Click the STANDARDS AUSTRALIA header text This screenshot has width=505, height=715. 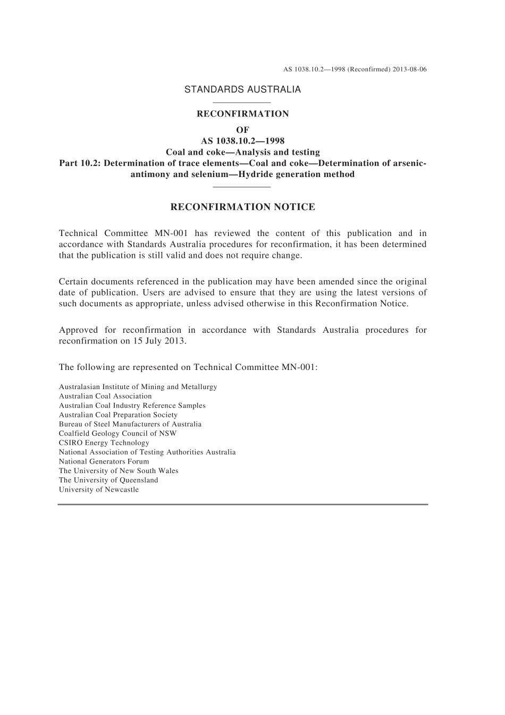coord(242,90)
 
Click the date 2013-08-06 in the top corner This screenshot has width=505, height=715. coord(410,70)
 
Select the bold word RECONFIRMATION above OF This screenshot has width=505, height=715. coord(242,114)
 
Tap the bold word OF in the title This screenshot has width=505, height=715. coord(242,130)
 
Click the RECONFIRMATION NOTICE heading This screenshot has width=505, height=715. coord(242,207)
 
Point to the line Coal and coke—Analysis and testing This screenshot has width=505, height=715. coord(242,152)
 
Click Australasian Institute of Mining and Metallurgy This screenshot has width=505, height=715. coord(138,387)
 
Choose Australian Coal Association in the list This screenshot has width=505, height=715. coord(105,396)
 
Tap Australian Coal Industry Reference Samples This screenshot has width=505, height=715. coord(132,406)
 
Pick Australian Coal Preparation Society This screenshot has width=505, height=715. coord(118,415)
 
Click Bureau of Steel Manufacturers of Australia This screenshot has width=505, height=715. coord(130,424)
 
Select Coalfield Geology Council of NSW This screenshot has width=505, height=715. coord(117,433)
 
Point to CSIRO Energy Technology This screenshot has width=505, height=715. coord(104,443)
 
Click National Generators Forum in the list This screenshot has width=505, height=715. coord(104,461)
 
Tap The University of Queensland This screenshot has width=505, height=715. coord(108,480)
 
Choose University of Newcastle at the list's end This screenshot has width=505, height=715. coord(98,490)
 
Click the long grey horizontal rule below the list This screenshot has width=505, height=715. coord(242,504)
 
